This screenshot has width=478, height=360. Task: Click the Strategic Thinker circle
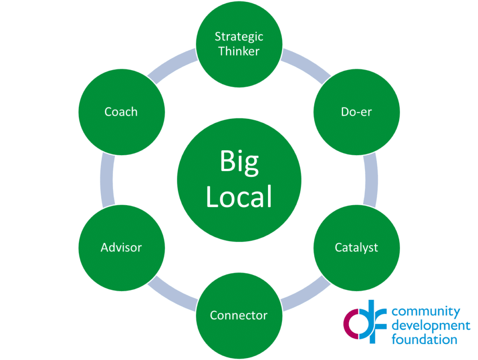(239, 44)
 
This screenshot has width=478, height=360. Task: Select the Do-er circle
(357, 112)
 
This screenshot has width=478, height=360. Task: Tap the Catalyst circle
(357, 247)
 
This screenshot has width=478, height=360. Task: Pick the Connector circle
(239, 315)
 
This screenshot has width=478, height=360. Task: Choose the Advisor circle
(121, 247)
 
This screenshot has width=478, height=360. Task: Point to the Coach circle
(121, 112)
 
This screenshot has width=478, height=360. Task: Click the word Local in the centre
(239, 197)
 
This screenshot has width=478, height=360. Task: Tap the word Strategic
(239, 36)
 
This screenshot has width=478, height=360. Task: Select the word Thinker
(239, 51)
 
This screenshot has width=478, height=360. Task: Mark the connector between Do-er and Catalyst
(370, 180)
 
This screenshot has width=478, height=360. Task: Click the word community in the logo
(426, 312)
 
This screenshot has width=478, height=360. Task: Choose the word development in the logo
(431, 325)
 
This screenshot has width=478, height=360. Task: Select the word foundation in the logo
(424, 339)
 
